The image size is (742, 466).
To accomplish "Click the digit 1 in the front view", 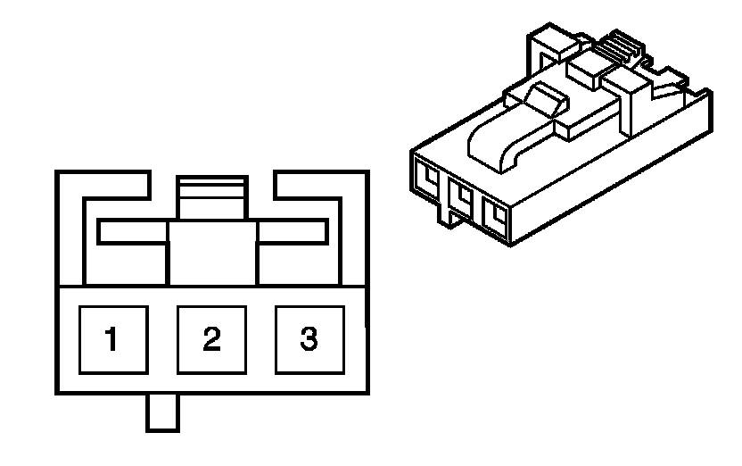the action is click(112, 340).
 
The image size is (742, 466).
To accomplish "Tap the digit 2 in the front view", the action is click(210, 340).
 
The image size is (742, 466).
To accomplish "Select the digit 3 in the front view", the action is click(308, 340).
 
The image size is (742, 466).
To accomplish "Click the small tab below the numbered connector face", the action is click(163, 412).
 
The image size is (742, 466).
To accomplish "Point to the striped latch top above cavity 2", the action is click(211, 188).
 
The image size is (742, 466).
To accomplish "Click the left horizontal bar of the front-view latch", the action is click(134, 232).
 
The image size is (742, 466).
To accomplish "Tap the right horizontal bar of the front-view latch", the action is click(291, 232).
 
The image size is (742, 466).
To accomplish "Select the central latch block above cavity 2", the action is click(212, 253).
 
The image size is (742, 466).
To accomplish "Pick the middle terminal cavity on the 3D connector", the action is click(461, 196).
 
